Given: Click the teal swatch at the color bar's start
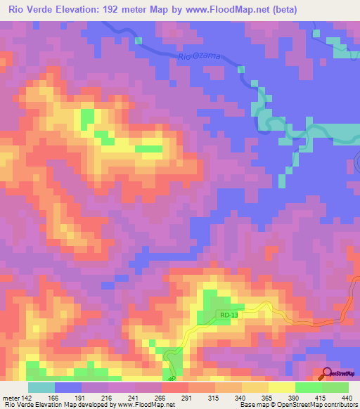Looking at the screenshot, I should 41,387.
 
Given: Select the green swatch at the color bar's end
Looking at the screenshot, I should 335,387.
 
